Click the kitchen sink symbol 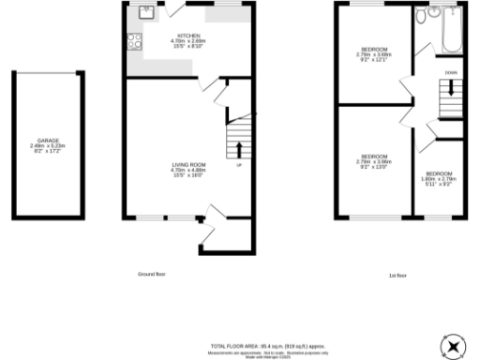(147, 12)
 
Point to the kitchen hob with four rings (133, 41)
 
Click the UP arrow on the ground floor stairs (238, 149)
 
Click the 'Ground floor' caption (152, 274)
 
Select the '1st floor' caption (397, 275)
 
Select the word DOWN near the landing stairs (451, 71)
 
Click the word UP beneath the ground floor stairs (238, 165)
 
